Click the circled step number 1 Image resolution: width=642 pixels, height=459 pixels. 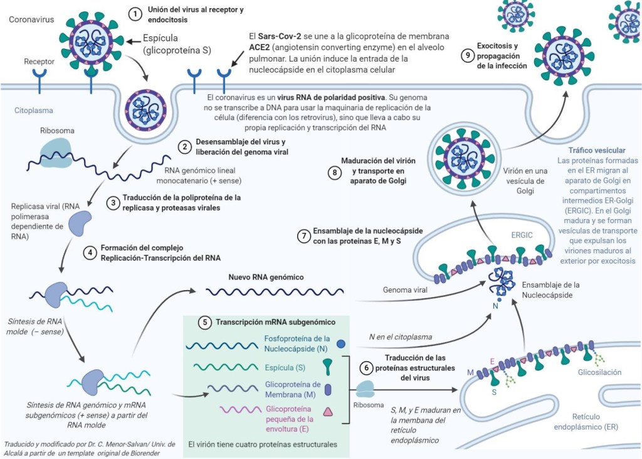coord(135,14)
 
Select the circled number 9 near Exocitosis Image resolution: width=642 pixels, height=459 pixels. coord(466,55)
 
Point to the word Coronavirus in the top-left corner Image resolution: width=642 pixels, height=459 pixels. coord(30,19)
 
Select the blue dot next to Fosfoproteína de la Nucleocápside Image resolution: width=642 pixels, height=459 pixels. coord(340,344)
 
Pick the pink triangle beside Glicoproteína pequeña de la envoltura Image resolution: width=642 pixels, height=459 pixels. coord(327,413)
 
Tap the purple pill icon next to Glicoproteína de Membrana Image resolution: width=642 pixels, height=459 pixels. coord(328,389)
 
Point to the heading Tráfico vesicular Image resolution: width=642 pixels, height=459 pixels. coord(596,151)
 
